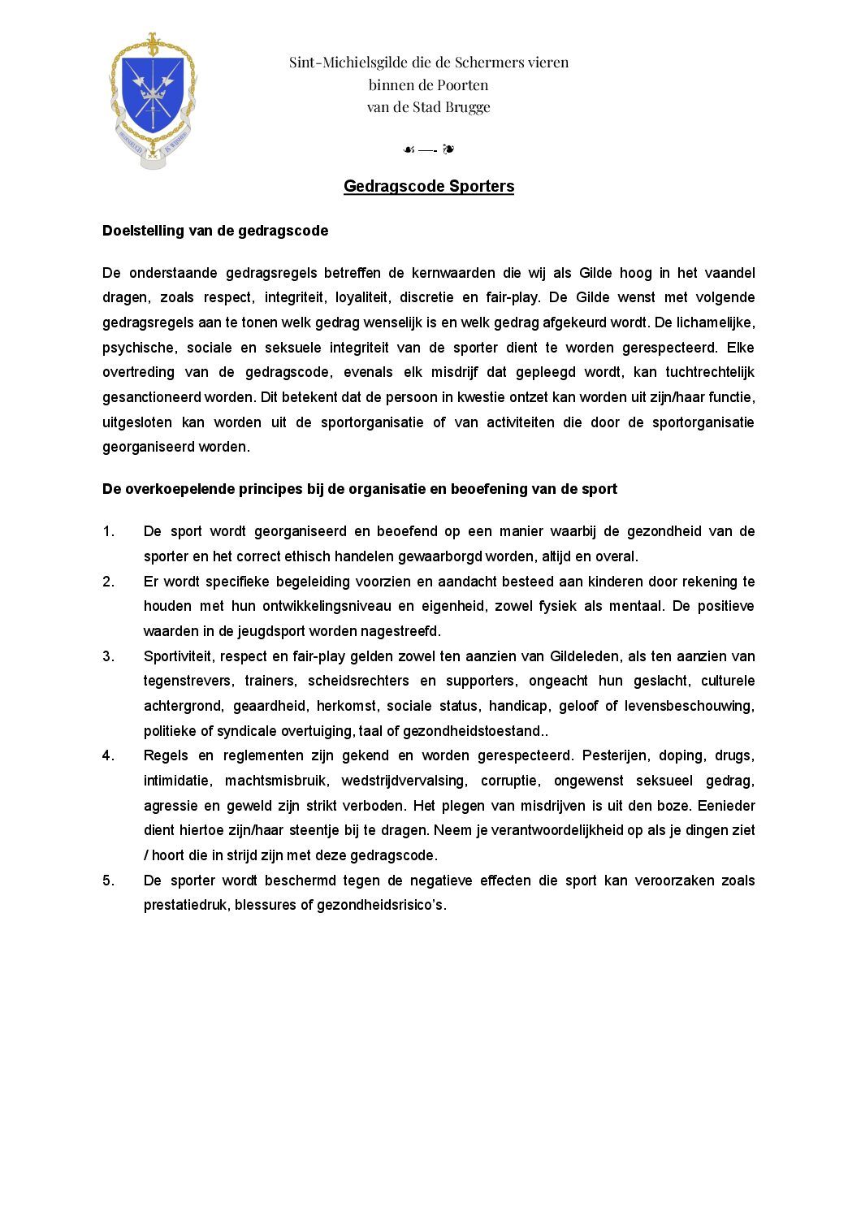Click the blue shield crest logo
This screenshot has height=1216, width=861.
point(153,99)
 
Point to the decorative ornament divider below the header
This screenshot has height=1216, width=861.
point(429,149)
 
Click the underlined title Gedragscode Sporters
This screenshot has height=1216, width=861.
point(429,186)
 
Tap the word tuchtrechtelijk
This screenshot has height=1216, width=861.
point(710,372)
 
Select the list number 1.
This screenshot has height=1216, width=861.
point(108,531)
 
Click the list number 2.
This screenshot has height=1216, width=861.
point(108,582)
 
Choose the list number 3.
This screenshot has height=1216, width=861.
point(108,656)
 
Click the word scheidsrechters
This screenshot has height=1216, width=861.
point(358,681)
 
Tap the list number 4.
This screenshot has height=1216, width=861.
point(108,755)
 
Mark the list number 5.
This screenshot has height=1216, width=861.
point(108,881)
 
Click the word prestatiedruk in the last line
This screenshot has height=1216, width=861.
point(185,905)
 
